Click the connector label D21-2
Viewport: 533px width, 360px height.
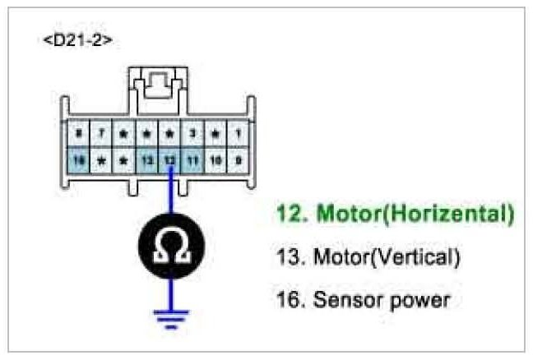coord(77,40)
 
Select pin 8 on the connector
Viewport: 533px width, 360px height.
coord(78,132)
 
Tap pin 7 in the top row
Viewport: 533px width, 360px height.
coord(100,132)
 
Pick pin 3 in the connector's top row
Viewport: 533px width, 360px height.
coord(192,132)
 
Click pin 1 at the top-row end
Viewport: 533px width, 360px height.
coord(237,132)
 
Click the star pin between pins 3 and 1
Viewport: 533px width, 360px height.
coord(215,132)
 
